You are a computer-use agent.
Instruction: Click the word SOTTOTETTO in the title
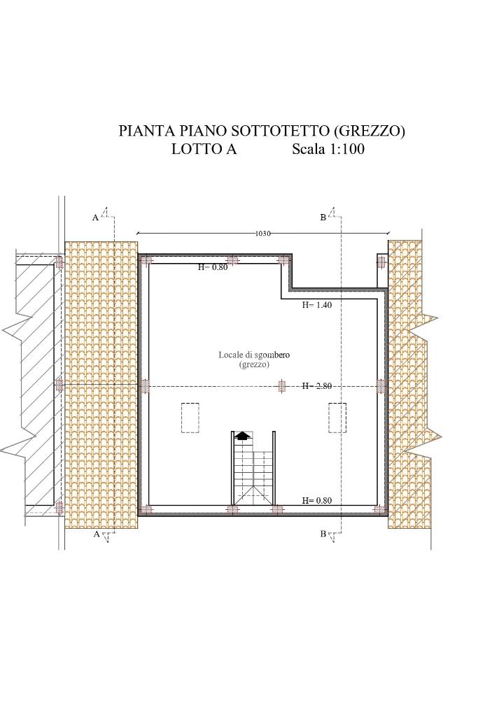coord(279,131)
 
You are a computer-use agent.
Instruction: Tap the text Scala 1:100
coord(328,149)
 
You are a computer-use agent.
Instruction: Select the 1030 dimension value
coord(263,233)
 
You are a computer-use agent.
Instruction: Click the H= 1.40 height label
coord(316,305)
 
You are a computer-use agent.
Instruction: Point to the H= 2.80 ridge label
coord(316,386)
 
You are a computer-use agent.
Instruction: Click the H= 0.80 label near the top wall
coord(213,267)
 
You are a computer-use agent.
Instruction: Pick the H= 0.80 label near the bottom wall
coord(316,501)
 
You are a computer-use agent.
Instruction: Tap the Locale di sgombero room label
coord(254,355)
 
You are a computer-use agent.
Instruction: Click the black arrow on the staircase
coord(242,436)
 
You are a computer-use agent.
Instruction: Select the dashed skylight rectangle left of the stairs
coord(190,418)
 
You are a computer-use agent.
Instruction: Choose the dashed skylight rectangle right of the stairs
coord(337,418)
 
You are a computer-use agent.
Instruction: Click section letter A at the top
coord(95,218)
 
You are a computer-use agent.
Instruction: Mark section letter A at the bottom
coord(96,534)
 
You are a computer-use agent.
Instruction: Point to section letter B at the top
coord(323,218)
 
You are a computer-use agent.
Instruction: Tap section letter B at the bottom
coord(323,534)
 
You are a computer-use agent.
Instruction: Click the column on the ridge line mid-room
coord(282,386)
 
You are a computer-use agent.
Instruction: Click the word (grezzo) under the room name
coord(254,365)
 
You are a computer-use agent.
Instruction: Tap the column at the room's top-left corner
coord(146,261)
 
